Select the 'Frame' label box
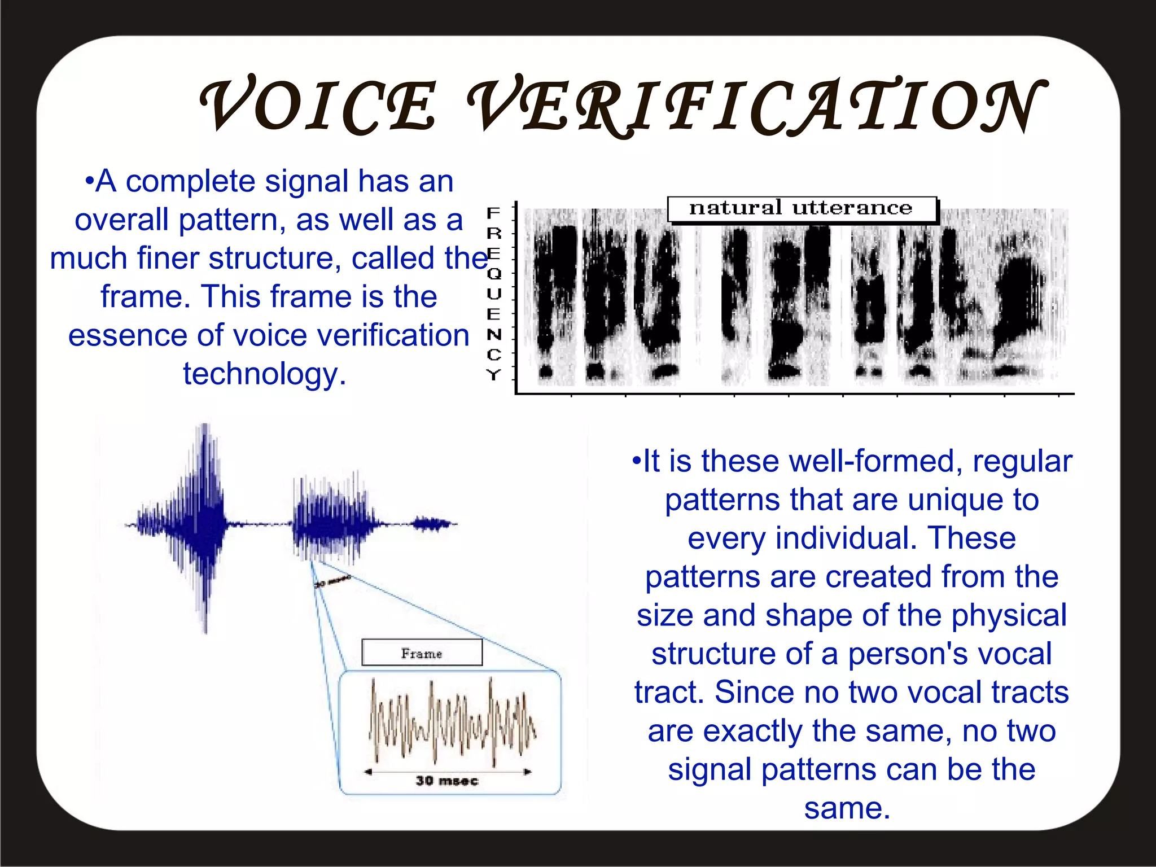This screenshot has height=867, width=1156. [x=422, y=653]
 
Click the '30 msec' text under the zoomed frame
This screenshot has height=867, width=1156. [x=446, y=781]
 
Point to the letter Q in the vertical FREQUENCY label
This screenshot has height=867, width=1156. [x=494, y=274]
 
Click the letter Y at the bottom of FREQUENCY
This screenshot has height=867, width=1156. [x=494, y=374]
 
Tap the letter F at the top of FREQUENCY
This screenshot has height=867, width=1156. [x=494, y=213]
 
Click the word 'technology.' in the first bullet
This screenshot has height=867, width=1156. [x=264, y=374]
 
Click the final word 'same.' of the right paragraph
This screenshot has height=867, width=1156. [x=847, y=808]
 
